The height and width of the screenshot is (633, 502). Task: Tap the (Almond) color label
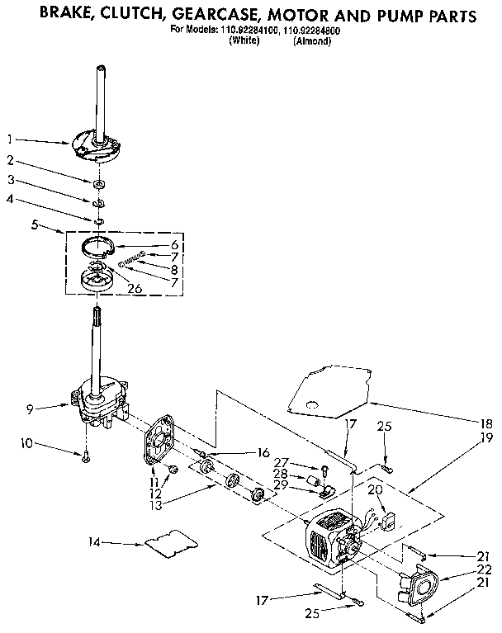coord(312,40)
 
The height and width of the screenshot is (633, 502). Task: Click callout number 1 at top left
coord(11,139)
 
